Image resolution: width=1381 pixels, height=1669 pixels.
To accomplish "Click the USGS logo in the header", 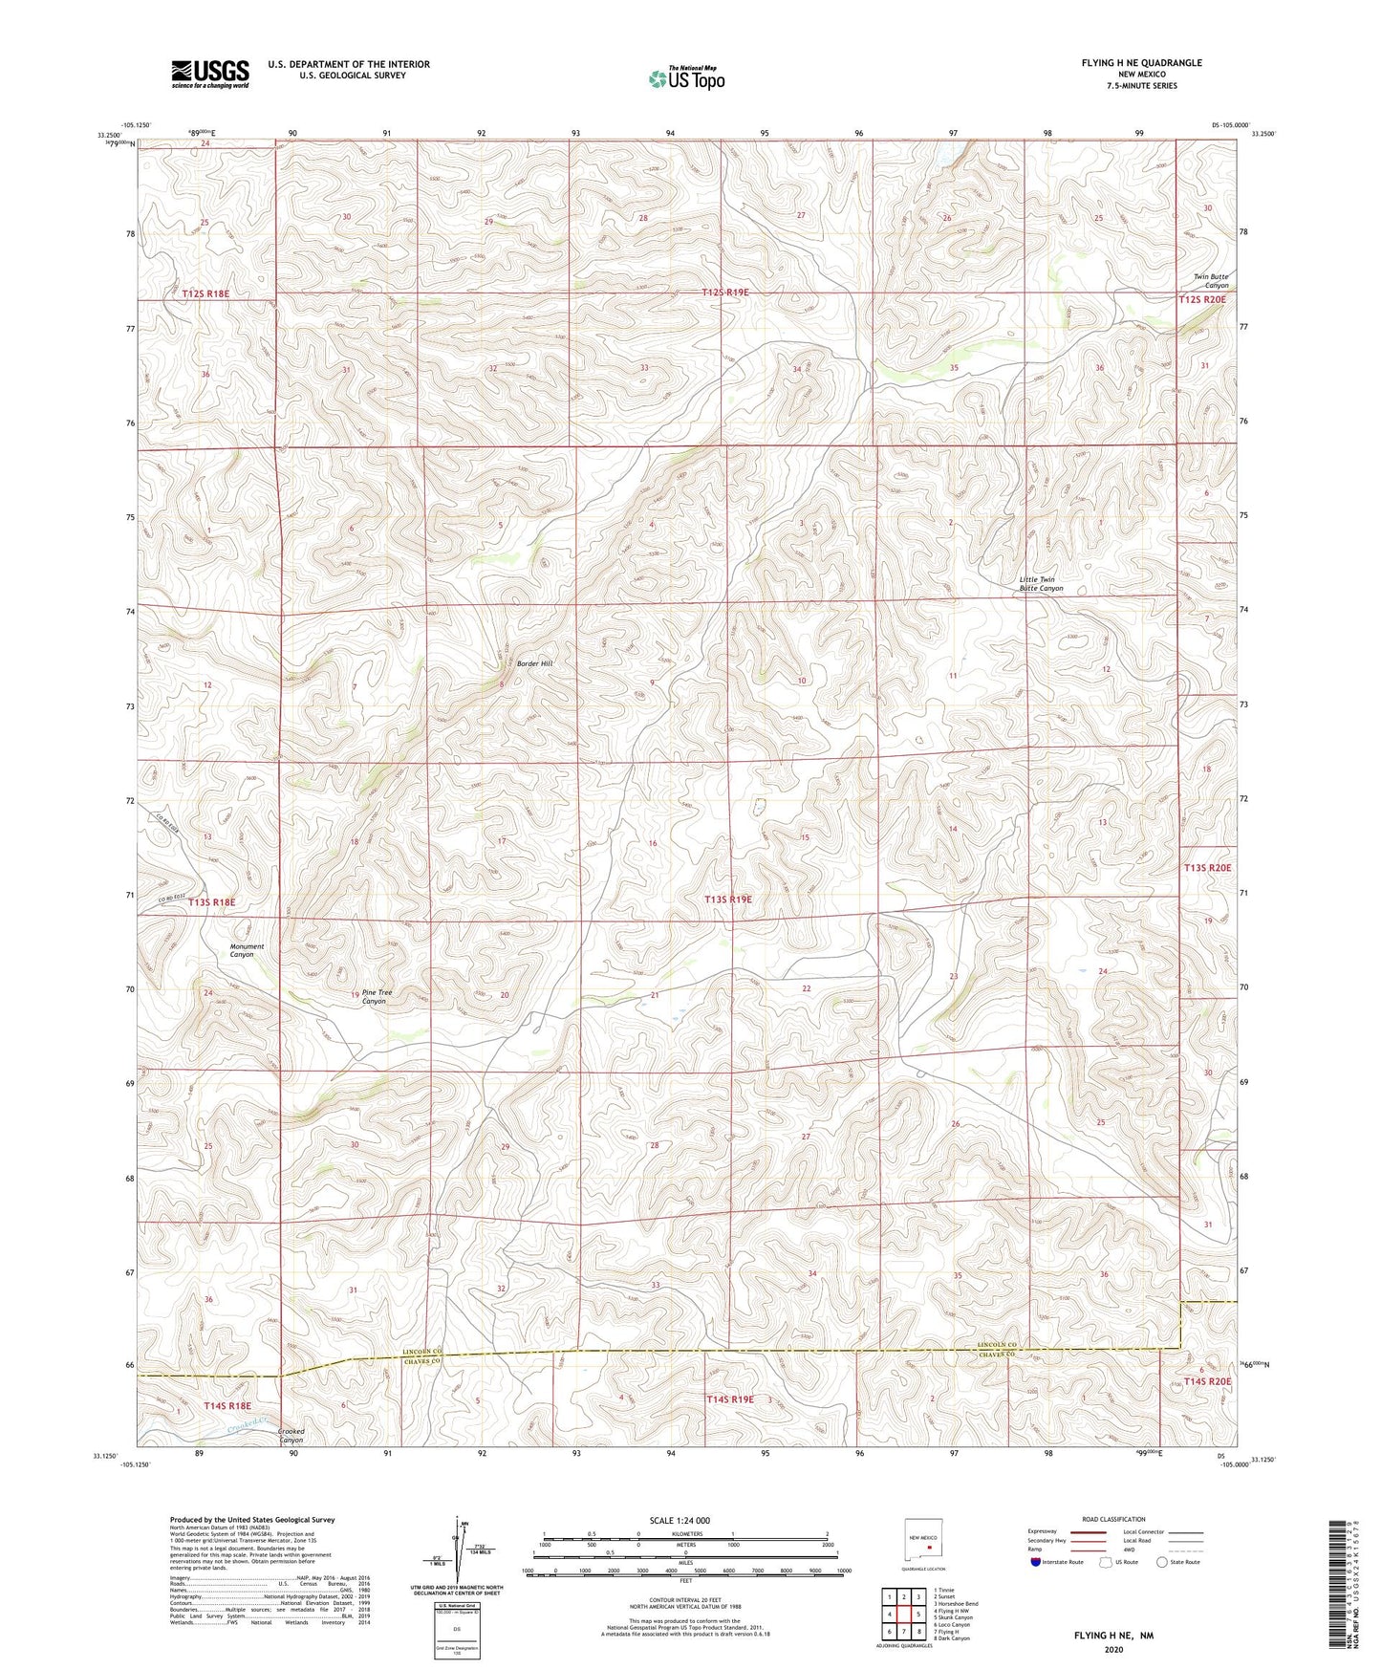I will pos(210,74).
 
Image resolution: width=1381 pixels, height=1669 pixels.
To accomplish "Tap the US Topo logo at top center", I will pos(686,77).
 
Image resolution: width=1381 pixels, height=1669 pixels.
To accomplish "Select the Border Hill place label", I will pos(534,662).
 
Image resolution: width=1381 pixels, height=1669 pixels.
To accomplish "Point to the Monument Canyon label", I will pos(247,950).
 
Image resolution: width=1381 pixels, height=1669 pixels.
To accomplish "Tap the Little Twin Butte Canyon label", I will pos(1041,584).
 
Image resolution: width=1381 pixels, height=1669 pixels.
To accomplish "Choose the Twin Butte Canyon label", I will pos(1210,281).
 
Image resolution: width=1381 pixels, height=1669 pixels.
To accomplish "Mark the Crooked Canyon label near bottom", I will pos(291,1436).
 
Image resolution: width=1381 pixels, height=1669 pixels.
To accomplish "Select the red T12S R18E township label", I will pos(205,294).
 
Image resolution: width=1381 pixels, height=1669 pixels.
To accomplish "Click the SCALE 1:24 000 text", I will pos(680,1520).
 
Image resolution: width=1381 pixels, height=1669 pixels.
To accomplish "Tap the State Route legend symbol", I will pos(1161,1562).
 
